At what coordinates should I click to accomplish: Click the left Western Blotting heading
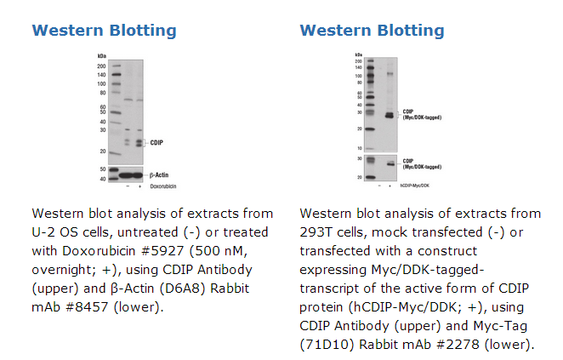pyautogui.click(x=104, y=31)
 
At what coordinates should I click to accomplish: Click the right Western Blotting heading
pyautogui.click(x=372, y=31)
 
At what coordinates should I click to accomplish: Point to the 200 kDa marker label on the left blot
pyautogui.click(x=101, y=66)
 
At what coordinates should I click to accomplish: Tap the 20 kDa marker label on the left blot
pyautogui.click(x=102, y=151)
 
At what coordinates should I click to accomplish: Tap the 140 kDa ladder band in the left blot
pyautogui.click(x=113, y=74)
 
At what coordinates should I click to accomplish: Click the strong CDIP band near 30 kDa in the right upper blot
pyautogui.click(x=390, y=115)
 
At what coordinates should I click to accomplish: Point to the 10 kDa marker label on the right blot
pyautogui.click(x=359, y=148)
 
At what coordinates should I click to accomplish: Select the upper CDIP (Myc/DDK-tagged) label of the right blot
pyautogui.click(x=422, y=114)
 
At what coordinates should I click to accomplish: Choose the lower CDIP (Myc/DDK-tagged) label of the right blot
pyautogui.click(x=422, y=163)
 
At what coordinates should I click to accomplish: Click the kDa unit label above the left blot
pyautogui.click(x=101, y=56)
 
